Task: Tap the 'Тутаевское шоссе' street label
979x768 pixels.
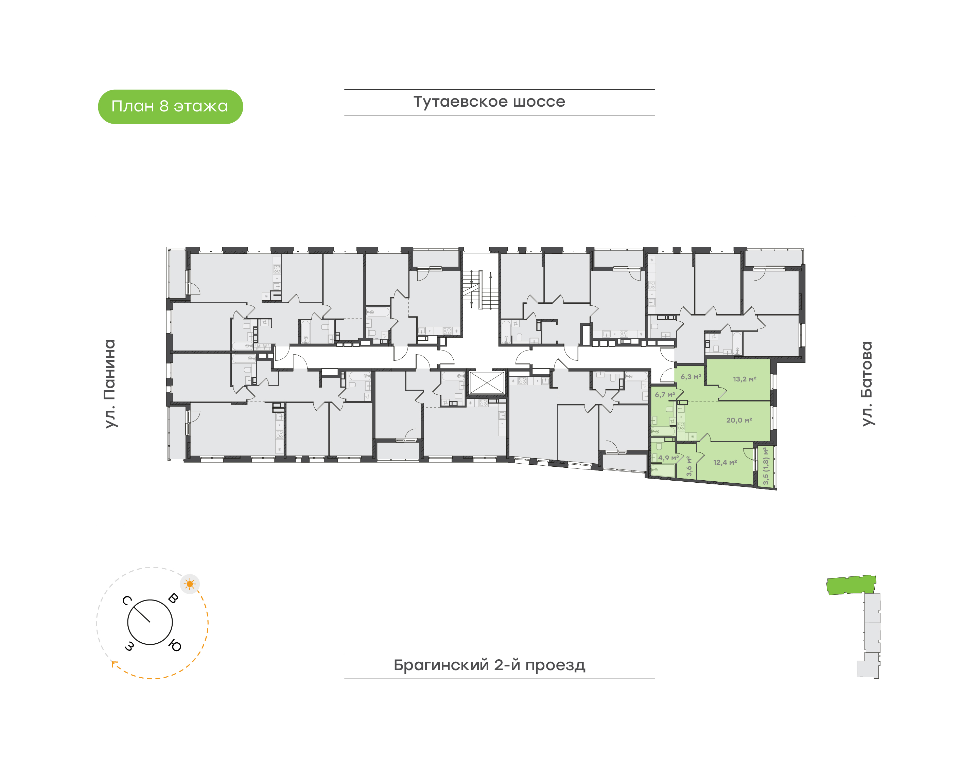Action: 489,102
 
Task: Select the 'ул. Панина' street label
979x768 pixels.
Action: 110,383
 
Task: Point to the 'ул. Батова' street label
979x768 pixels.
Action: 867,383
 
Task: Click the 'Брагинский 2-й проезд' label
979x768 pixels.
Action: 489,665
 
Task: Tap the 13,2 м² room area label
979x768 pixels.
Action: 745,379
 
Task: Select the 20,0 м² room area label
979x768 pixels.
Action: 739,420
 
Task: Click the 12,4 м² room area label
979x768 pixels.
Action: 725,462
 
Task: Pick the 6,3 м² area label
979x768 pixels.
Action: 690,377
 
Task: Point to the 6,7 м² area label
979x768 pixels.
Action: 665,395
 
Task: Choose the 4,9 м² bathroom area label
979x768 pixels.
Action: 668,458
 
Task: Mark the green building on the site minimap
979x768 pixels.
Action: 851,585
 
